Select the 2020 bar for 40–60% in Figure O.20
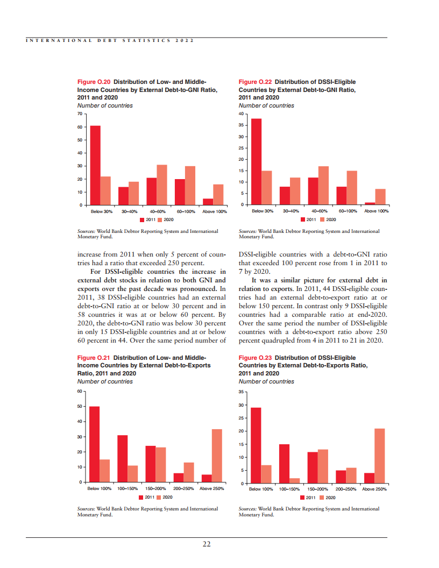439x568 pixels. pyautogui.click(x=162, y=184)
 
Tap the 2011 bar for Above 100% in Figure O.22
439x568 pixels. pyautogui.click(x=370, y=203)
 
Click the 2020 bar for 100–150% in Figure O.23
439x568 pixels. pyautogui.click(x=294, y=481)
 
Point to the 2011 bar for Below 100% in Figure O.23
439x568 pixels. pyautogui.click(x=256, y=445)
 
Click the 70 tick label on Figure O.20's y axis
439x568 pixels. pyautogui.click(x=80, y=114)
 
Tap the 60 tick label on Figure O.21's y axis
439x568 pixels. pyautogui.click(x=80, y=391)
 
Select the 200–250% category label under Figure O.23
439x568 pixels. pyautogui.click(x=346, y=489)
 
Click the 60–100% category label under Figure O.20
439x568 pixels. pyautogui.click(x=185, y=211)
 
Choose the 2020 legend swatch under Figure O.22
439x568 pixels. pyautogui.click(x=322, y=219)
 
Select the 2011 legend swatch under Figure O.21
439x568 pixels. pyautogui.click(x=141, y=497)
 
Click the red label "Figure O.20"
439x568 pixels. pyautogui.click(x=94, y=82)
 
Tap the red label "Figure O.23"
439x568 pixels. pyautogui.click(x=255, y=358)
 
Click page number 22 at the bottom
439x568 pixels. pyautogui.click(x=207, y=544)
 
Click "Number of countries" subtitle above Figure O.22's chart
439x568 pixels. pyautogui.click(x=266, y=105)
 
